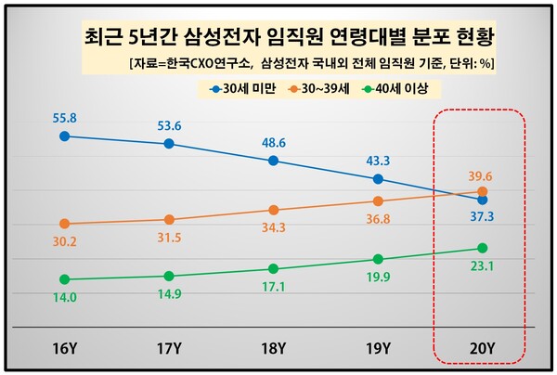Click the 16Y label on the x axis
tap(64, 349)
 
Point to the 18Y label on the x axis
tap(273, 349)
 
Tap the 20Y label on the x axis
tap(482, 349)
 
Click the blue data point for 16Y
tap(64, 136)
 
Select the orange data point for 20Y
tap(482, 191)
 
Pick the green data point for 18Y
tap(273, 268)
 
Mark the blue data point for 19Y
tap(378, 178)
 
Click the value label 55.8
tap(64, 117)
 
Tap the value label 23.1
tap(482, 266)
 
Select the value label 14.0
tap(64, 297)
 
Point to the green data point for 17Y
tap(168, 276)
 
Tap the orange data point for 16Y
tap(64, 224)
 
